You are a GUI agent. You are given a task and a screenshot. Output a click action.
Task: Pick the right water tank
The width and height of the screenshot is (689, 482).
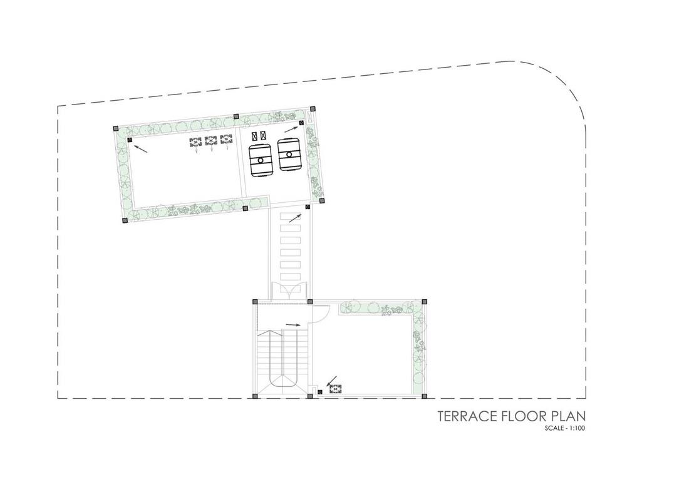click(x=289, y=154)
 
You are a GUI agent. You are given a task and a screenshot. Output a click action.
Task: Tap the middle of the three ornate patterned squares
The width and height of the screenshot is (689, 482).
click(x=211, y=141)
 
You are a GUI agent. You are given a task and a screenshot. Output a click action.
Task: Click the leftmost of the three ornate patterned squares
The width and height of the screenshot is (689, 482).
click(x=195, y=142)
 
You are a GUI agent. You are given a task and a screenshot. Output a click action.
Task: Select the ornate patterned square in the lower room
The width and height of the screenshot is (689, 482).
click(x=335, y=389)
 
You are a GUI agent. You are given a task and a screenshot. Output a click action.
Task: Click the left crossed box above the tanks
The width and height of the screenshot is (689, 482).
click(x=254, y=136)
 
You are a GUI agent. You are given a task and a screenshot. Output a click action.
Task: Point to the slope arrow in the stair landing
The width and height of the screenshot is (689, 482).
click(x=293, y=325)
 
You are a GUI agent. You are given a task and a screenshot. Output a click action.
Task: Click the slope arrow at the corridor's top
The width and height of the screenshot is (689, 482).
click(x=295, y=218)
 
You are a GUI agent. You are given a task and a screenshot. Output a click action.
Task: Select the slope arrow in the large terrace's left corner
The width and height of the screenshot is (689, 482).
click(x=140, y=149)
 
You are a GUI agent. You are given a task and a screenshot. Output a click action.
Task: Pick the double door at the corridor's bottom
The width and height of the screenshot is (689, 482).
click(x=287, y=292)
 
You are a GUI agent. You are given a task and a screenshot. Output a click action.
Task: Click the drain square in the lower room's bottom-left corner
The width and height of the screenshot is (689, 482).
click(x=319, y=392)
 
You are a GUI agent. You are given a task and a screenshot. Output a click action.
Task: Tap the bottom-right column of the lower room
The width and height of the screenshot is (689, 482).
click(x=424, y=396)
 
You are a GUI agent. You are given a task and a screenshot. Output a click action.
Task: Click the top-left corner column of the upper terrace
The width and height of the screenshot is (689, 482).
click(x=116, y=128)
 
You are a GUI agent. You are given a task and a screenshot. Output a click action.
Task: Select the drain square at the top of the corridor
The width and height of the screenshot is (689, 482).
click(x=307, y=207)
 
